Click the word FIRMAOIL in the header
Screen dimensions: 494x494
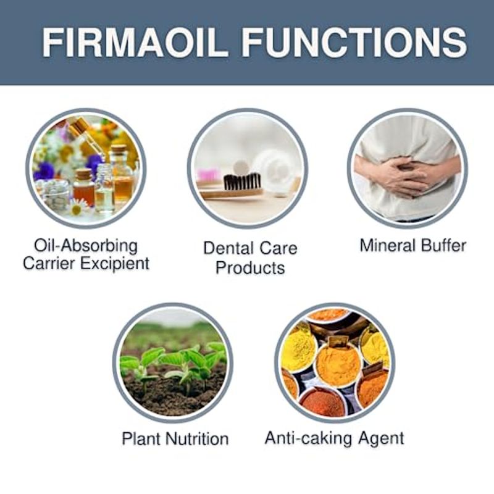click(135, 42)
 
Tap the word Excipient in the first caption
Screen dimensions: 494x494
click(115, 264)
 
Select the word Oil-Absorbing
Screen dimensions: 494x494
click(86, 246)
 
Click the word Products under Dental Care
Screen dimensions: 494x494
click(250, 268)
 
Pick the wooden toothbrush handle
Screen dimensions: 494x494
click(232, 193)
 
